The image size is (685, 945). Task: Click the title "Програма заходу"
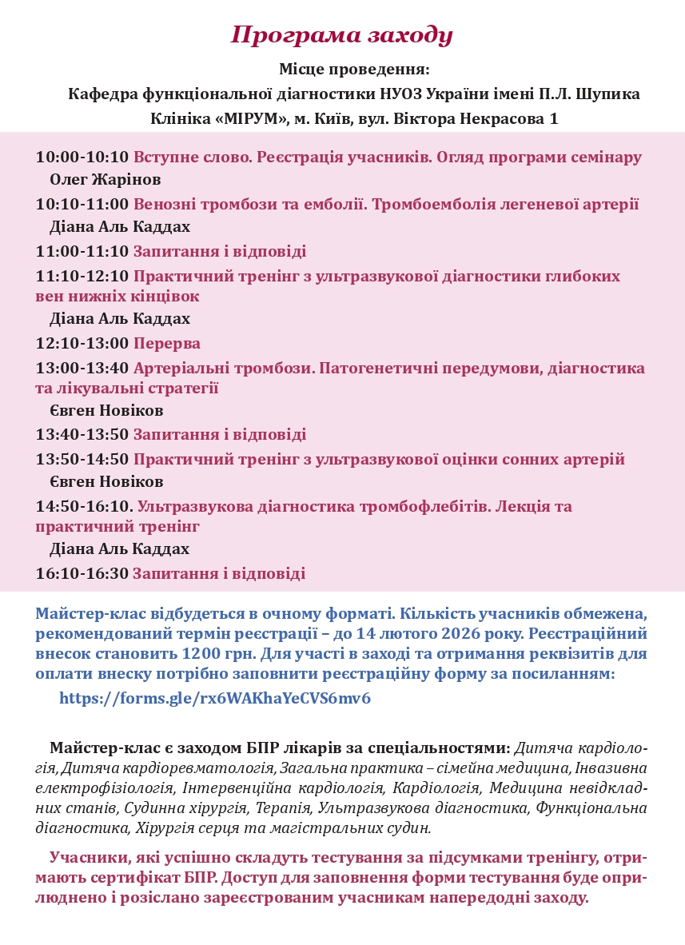[342, 34]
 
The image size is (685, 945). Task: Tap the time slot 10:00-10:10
[82, 157]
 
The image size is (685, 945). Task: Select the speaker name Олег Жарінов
[105, 179]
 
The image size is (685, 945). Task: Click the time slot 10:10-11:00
[82, 205]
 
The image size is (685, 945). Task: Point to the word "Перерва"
[166, 344]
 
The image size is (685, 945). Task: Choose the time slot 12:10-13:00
[82, 344]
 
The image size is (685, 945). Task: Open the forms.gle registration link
[215, 698]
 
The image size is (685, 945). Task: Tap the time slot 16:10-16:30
[82, 574]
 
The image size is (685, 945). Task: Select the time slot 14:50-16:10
[84, 507]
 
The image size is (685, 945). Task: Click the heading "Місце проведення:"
[354, 70]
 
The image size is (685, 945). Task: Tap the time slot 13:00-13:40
[82, 369]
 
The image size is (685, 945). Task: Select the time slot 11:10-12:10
[82, 277]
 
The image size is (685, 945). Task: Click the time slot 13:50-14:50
[82, 460]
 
